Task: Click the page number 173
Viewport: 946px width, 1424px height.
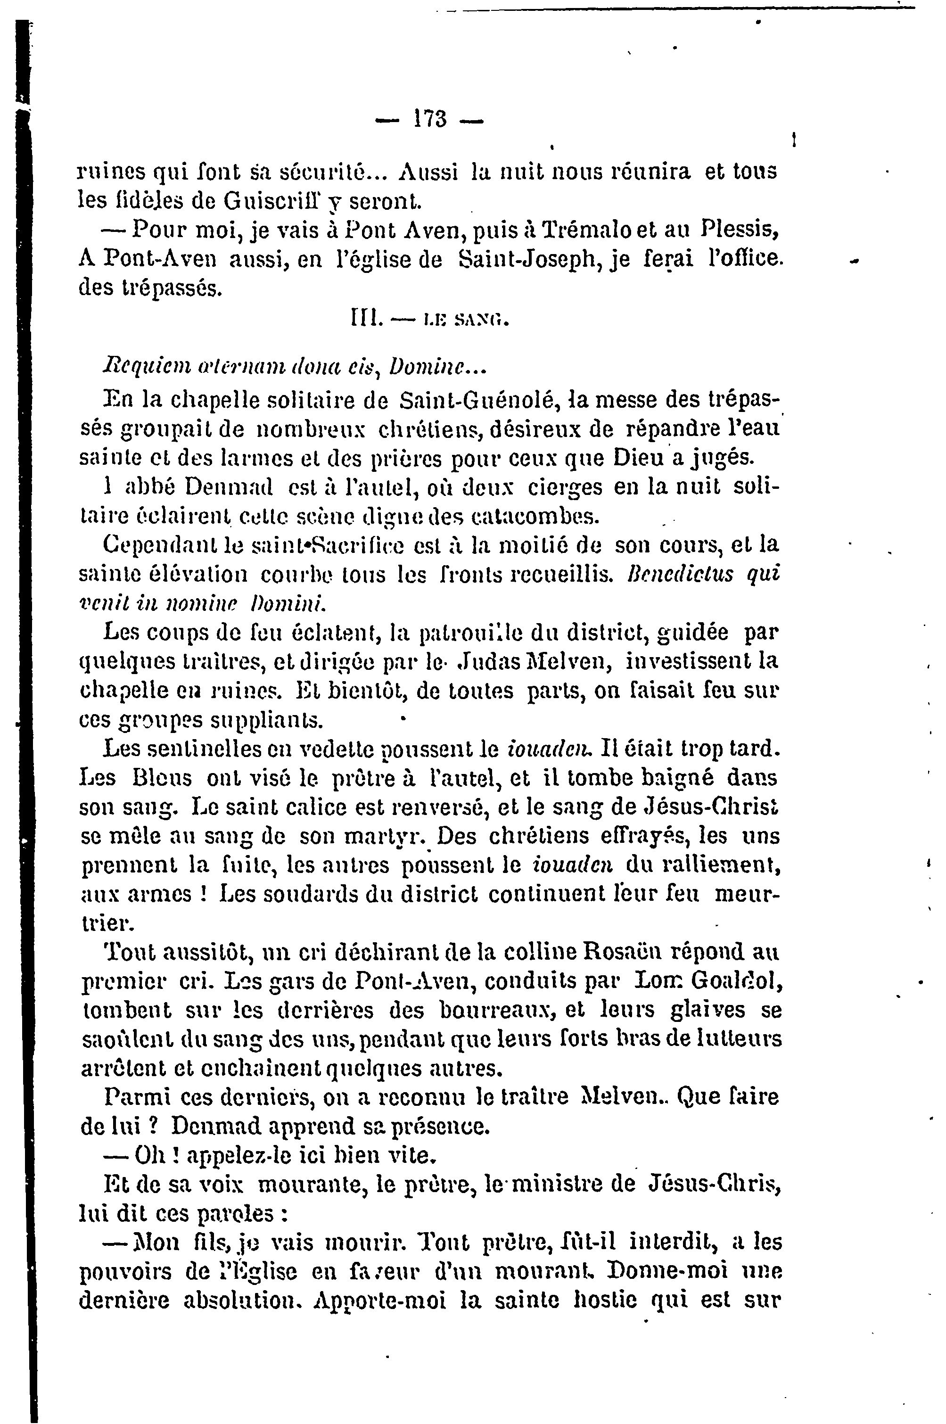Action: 429,118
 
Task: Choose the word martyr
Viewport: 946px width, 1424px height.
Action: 383,836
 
